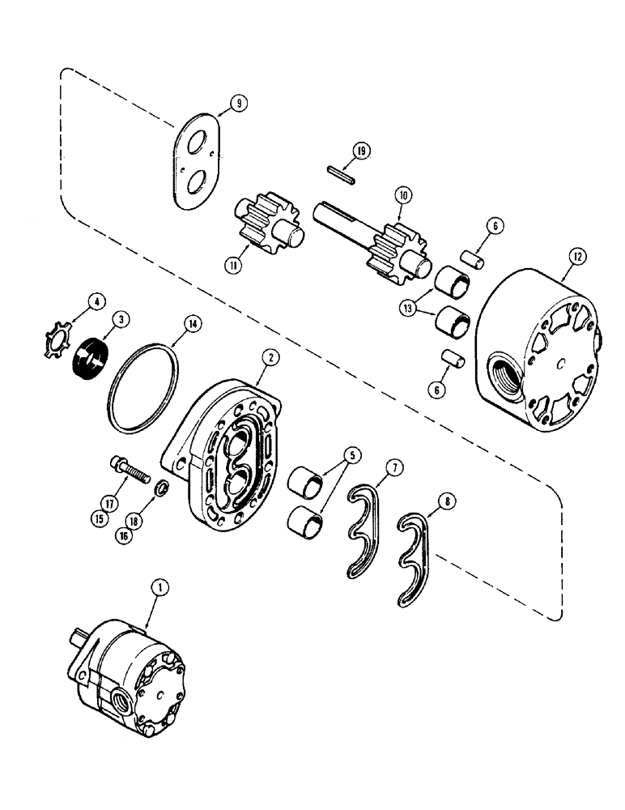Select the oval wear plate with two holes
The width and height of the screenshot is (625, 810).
(198, 160)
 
